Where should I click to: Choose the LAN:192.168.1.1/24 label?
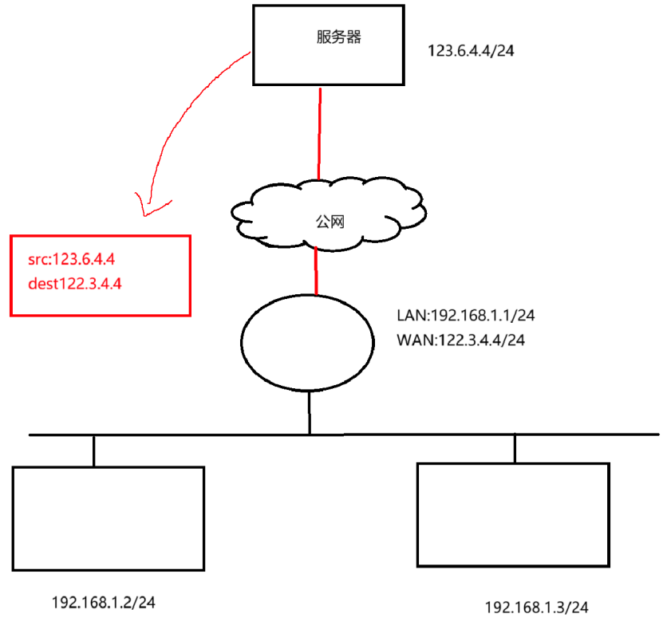tap(465, 315)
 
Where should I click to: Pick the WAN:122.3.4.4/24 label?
tap(460, 340)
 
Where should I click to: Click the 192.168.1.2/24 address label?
tap(102, 601)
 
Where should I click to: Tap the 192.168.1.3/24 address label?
tap(537, 607)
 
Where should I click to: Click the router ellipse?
tap(307, 340)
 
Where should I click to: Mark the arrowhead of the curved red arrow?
tap(144, 209)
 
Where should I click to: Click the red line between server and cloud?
tap(320, 132)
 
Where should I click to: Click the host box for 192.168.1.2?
tap(109, 518)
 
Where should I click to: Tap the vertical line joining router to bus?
tap(310, 413)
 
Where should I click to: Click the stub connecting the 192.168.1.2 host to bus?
tap(93, 450)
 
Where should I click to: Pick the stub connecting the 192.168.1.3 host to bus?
tap(515, 448)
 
